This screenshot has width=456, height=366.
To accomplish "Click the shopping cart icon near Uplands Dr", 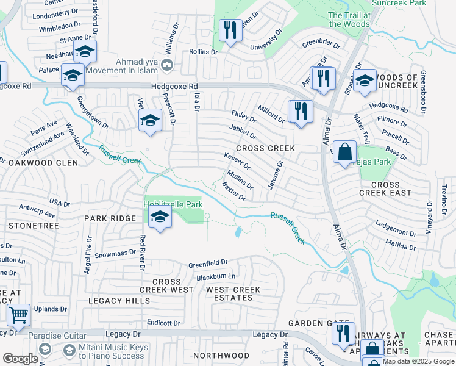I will (x=19, y=315).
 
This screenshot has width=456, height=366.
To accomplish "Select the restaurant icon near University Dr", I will (x=230, y=30).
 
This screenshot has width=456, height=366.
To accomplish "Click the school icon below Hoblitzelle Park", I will (x=160, y=218).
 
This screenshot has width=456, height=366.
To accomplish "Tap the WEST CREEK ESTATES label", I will (x=233, y=293).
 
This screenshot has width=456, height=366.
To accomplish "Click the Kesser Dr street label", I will (x=237, y=161).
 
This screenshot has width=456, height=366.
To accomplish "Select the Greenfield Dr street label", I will (x=207, y=264).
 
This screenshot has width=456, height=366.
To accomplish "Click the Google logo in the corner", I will (x=20, y=359).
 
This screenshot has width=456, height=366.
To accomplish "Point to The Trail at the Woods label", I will (x=349, y=20).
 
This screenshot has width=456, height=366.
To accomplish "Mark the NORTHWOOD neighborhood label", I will (x=221, y=356).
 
